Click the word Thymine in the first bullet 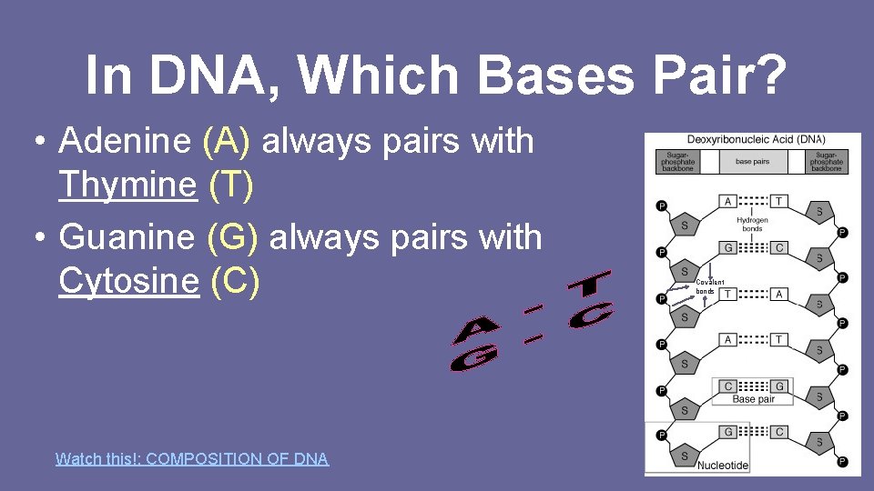(x=127, y=185)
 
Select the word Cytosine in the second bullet (x=127, y=282)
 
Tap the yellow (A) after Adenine (x=231, y=142)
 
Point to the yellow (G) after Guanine (x=233, y=238)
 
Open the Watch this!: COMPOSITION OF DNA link (x=192, y=459)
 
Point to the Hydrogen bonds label (x=752, y=224)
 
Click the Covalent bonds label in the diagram (x=711, y=286)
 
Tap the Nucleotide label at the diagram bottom (x=723, y=465)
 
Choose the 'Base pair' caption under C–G (x=754, y=399)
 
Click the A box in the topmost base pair (x=728, y=200)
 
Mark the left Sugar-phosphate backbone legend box (x=677, y=161)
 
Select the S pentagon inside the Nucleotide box (x=685, y=455)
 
